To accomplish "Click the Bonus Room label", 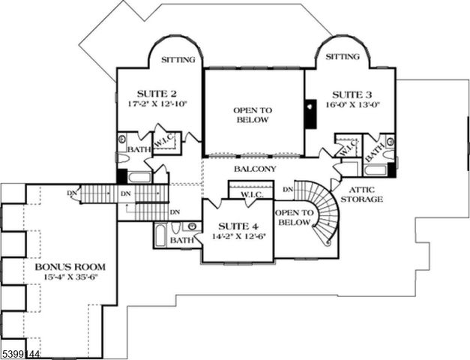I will click(x=69, y=267).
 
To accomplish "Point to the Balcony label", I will click(x=254, y=169).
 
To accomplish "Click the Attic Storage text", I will click(x=361, y=194).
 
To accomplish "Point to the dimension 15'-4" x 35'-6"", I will click(x=69, y=277).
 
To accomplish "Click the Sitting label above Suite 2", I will click(x=178, y=59).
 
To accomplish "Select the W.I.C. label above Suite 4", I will click(x=251, y=196).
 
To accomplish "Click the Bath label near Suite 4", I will click(x=180, y=240).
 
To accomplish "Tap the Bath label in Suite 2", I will click(x=138, y=149).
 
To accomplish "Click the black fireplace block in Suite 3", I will click(x=310, y=114).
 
